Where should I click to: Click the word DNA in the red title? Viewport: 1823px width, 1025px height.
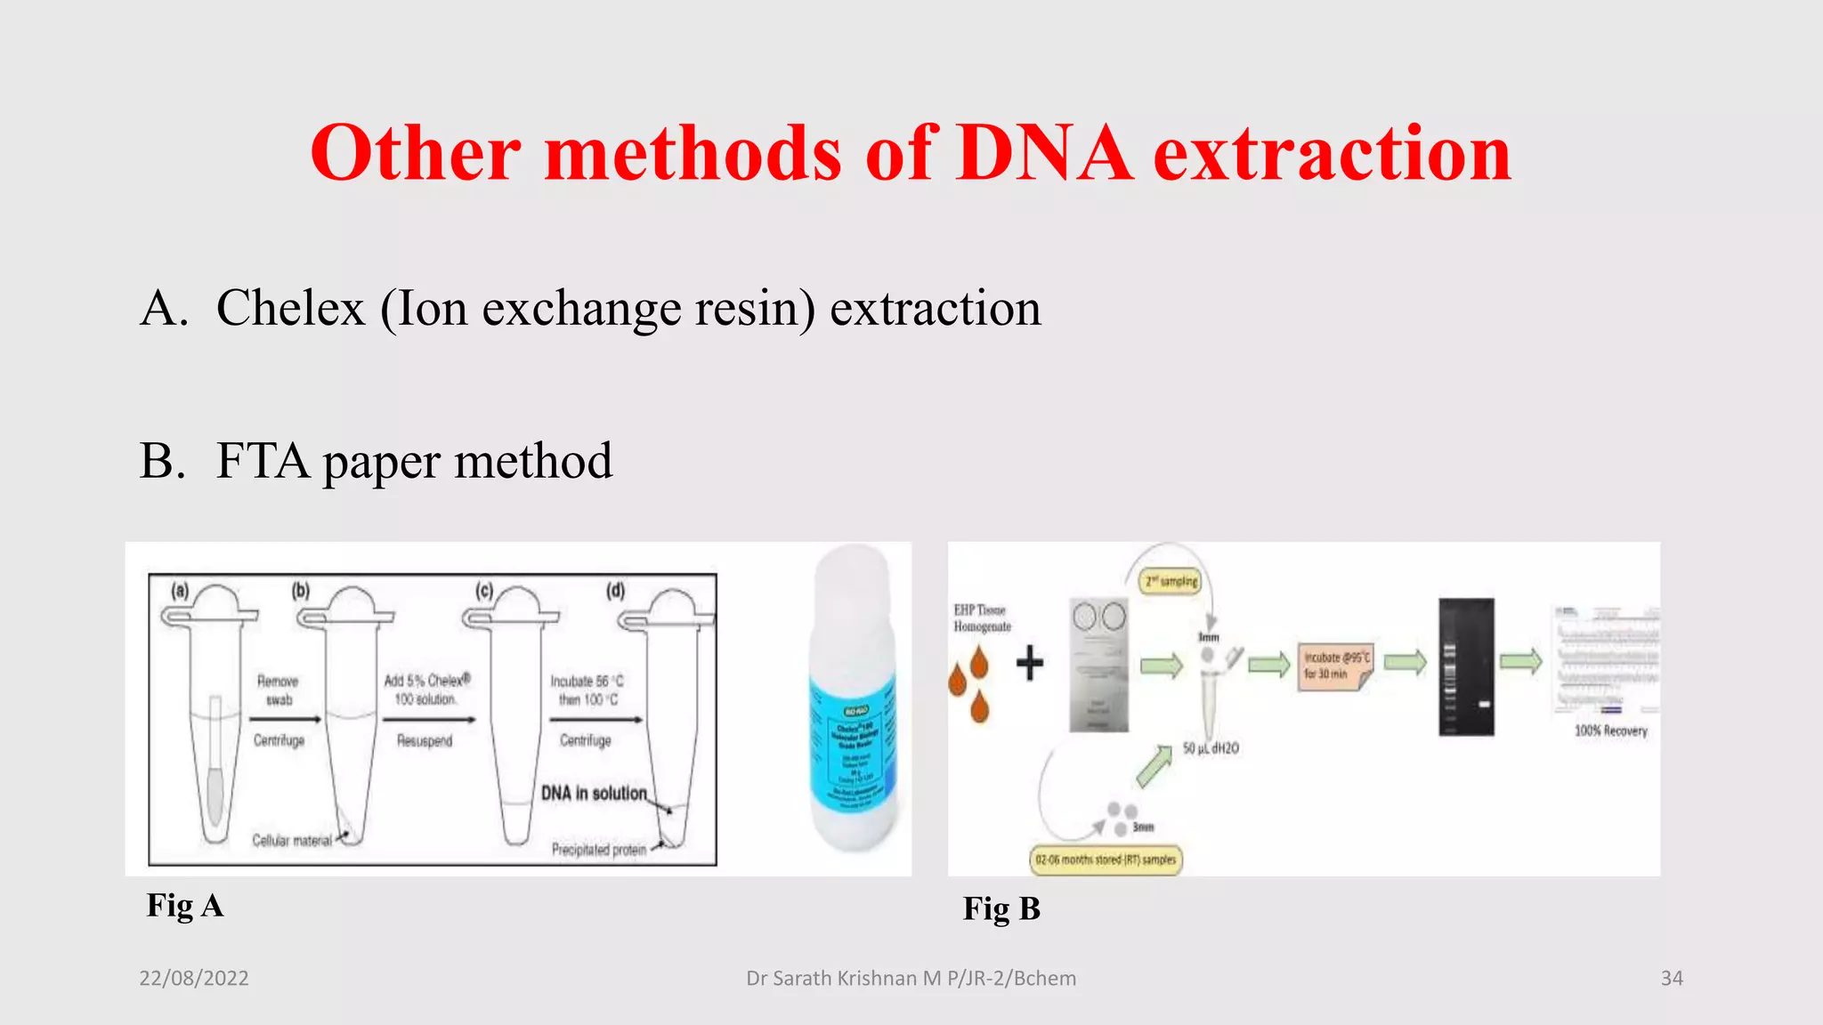click(1043, 153)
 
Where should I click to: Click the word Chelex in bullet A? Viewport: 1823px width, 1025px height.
click(290, 309)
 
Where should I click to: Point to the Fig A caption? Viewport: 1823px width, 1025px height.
click(185, 906)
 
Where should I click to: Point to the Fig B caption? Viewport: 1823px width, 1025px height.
click(1001, 908)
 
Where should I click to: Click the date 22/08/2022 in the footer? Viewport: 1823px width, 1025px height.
click(194, 978)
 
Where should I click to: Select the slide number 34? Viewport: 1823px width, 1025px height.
click(1672, 978)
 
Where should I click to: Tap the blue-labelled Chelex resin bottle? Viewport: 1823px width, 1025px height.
click(853, 703)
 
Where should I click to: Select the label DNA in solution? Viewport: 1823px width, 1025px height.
click(594, 793)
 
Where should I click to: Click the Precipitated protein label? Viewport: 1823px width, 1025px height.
click(598, 850)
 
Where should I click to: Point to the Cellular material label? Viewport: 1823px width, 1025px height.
click(291, 840)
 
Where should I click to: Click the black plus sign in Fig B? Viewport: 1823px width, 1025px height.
click(1029, 663)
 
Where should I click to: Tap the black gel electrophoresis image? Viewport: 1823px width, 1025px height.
click(1466, 666)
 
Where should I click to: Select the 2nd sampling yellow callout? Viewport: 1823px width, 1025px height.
click(1171, 581)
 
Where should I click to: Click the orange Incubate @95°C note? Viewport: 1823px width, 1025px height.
click(1334, 666)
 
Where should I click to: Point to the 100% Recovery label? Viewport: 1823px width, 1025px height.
click(1610, 730)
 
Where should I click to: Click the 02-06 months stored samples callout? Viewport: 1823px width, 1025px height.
click(1106, 860)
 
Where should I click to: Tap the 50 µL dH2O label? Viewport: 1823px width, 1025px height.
click(1210, 748)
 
